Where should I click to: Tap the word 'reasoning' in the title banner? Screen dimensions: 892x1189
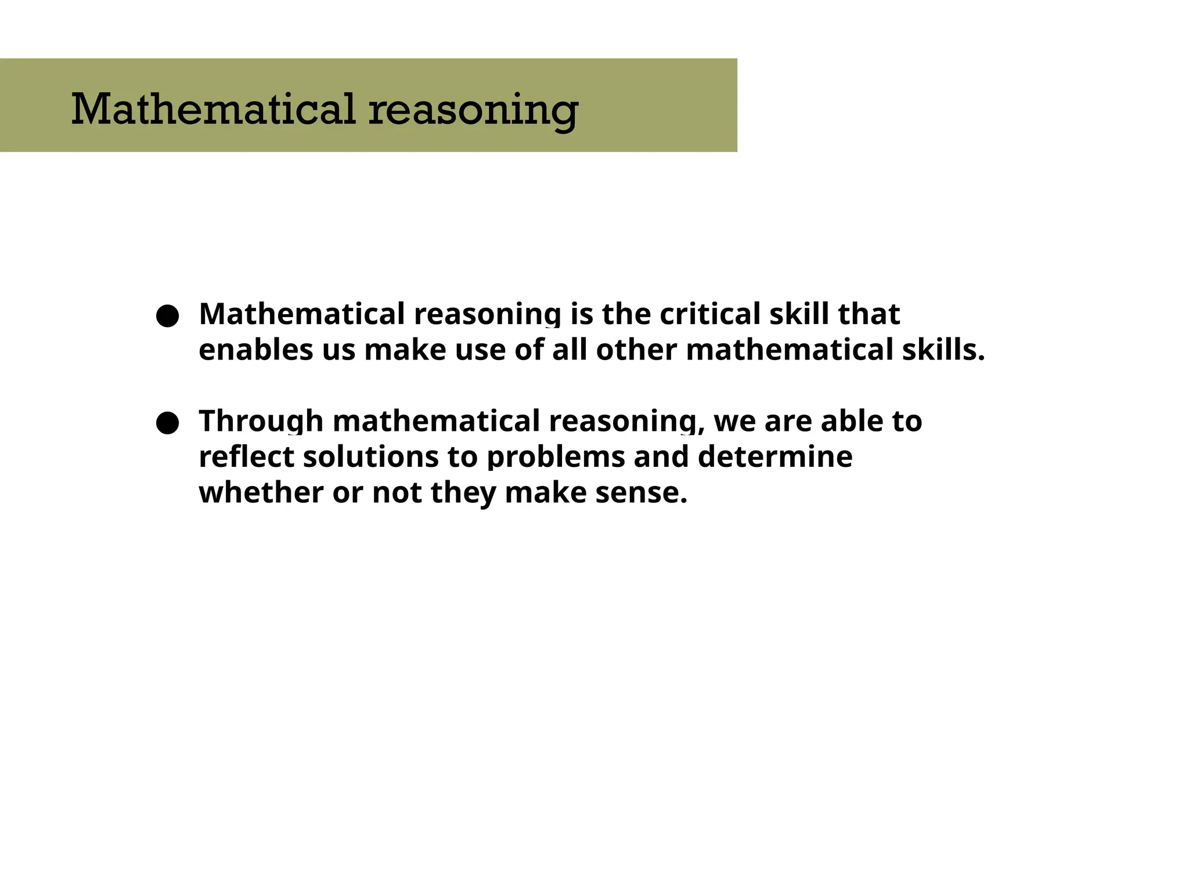click(x=473, y=110)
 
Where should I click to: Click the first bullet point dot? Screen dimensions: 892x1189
click(x=167, y=316)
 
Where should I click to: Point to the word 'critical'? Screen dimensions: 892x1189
click(x=710, y=314)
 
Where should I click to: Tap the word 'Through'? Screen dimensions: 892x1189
click(x=261, y=421)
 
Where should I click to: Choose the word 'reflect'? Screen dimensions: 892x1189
click(x=247, y=456)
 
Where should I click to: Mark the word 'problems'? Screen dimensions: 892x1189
click(x=556, y=458)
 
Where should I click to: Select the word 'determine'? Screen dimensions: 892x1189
click(x=775, y=456)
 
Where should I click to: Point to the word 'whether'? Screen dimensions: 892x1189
click(x=261, y=492)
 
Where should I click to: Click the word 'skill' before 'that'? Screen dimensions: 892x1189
click(x=799, y=314)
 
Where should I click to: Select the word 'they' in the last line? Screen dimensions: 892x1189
click(x=463, y=494)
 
